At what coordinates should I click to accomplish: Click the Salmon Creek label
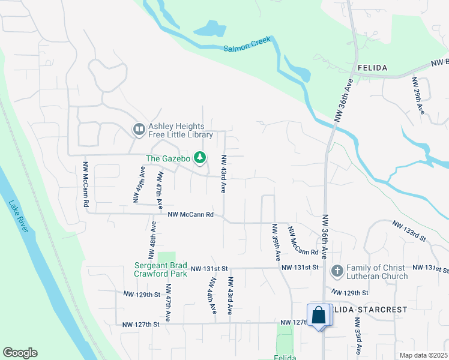[x=248, y=44]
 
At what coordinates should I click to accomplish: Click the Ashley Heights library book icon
[x=139, y=130]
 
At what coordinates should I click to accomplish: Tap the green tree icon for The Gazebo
[x=200, y=158]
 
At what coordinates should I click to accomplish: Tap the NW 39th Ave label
[x=276, y=242]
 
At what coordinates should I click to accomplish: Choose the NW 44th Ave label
[x=212, y=295]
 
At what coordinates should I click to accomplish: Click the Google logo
[x=20, y=353]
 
